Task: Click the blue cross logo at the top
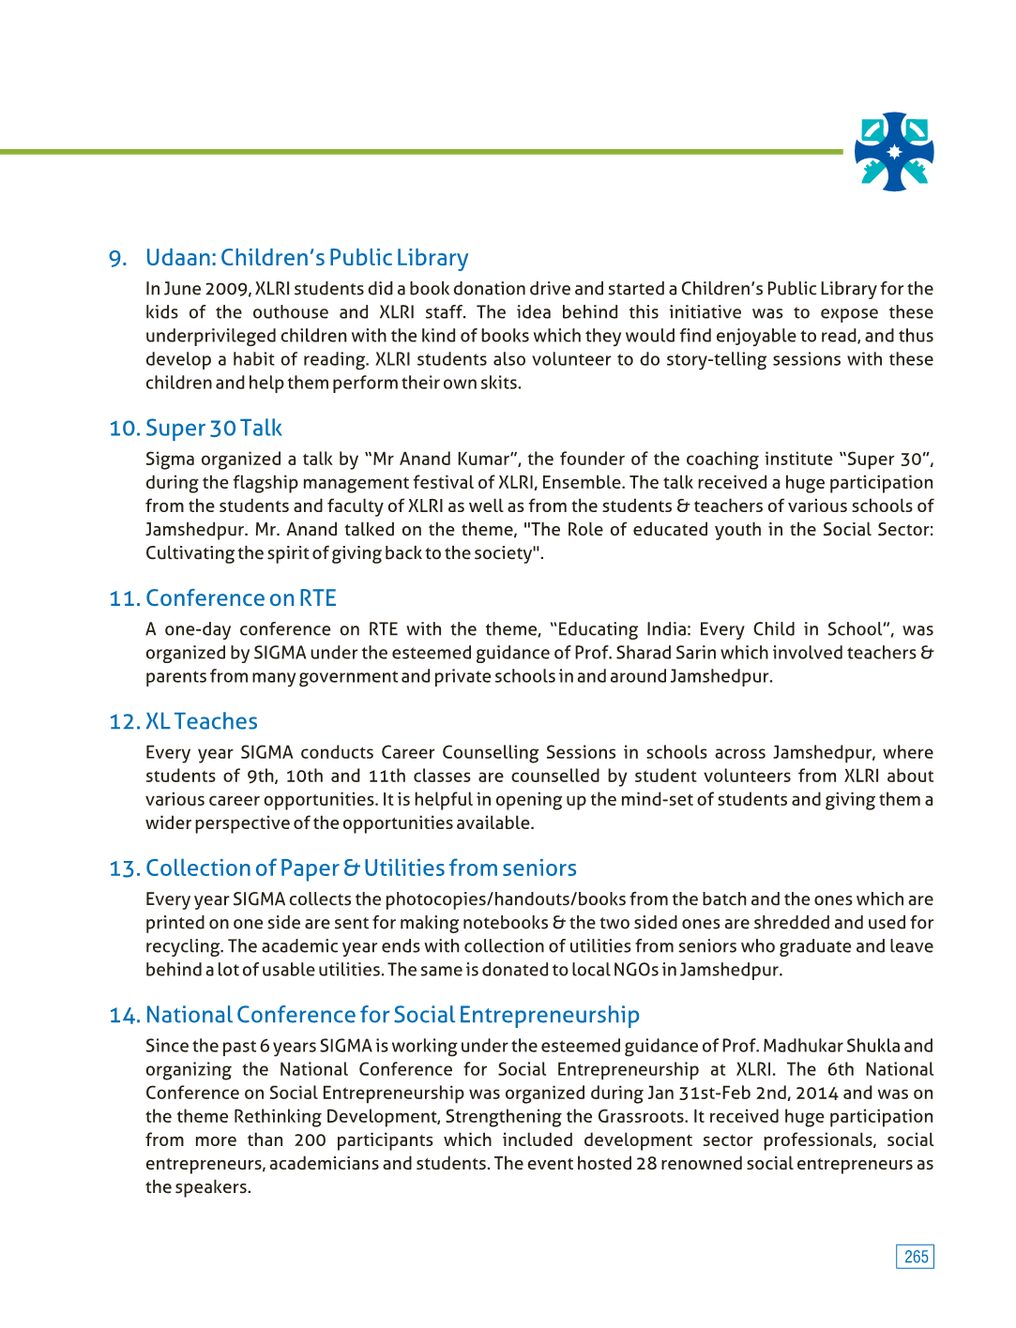[x=894, y=152]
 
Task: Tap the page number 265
[x=916, y=1257]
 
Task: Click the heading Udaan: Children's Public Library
[x=307, y=258]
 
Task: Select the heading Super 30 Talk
[x=214, y=429]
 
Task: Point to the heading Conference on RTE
[x=241, y=598]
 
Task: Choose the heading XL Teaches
[x=202, y=721]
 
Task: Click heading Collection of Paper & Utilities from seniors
[x=361, y=868]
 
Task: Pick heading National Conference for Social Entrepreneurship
[x=392, y=1015]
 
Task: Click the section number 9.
[x=117, y=259]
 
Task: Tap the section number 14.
[x=124, y=1016]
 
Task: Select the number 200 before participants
[x=310, y=1140]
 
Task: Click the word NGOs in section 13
[x=635, y=970]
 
